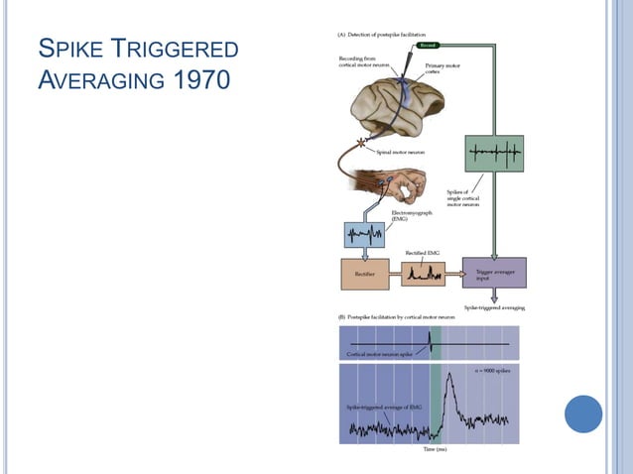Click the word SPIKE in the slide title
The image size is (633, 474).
(70, 50)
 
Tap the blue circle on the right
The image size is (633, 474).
(583, 414)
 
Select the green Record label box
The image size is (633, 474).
(428, 45)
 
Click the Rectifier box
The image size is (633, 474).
(365, 273)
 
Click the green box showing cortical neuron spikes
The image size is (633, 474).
(493, 154)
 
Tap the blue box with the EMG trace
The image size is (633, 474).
(363, 235)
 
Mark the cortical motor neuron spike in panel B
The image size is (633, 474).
(430, 342)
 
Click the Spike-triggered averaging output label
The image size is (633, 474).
(494, 307)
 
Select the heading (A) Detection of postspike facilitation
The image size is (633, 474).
(385, 34)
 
